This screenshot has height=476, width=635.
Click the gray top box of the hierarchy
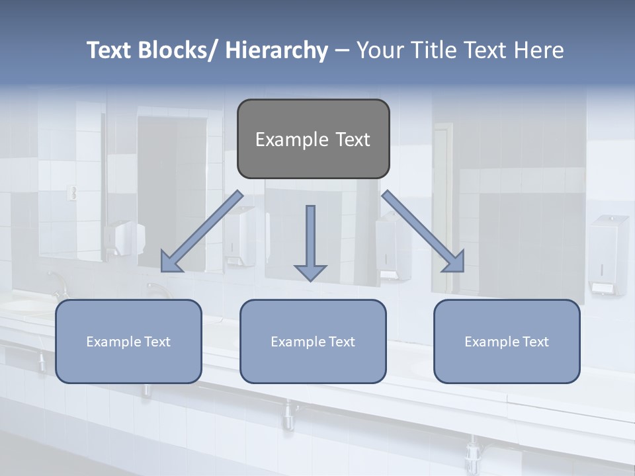pos(313,139)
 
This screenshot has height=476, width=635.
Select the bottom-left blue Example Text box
pos(128,341)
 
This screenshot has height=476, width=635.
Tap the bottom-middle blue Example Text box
pos(313,341)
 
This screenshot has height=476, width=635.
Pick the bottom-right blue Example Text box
pos(507,341)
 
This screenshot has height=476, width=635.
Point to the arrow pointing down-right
pos(423,231)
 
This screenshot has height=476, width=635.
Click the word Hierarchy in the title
pos(276,50)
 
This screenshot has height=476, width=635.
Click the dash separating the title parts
pos(342,51)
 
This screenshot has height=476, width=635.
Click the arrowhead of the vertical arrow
pos(310,272)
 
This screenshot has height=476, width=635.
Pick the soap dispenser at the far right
pos(607,255)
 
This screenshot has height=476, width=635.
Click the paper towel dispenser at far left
pos(124,238)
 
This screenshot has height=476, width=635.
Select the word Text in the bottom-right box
pos(534,341)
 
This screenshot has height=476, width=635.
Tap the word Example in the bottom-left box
pos(114,341)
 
